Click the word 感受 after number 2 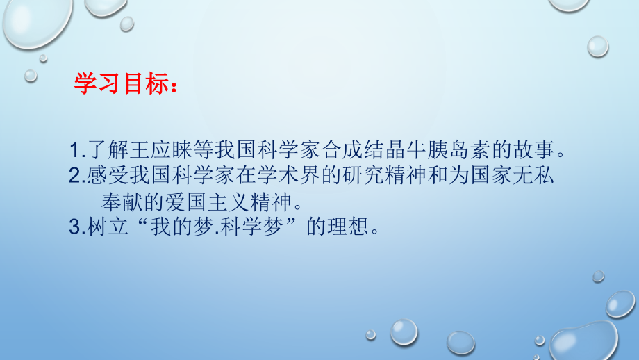tap(103, 176)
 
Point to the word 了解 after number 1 tap(103, 150)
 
